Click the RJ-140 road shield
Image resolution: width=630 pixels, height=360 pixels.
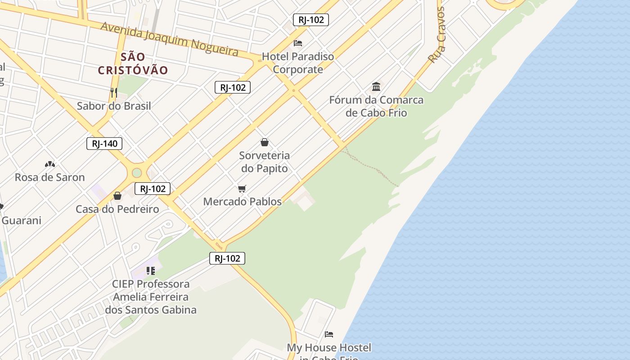[x=104, y=144]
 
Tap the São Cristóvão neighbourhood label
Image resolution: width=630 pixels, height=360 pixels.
[x=133, y=63]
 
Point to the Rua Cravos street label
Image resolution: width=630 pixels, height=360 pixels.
[x=436, y=35]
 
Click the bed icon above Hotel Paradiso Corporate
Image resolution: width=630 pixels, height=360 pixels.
[x=298, y=43]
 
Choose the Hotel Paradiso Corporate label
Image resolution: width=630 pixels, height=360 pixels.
[x=298, y=63]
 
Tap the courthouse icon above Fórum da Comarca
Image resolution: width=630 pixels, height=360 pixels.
[x=376, y=86]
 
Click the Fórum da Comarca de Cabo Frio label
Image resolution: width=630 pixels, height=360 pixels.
[x=376, y=106]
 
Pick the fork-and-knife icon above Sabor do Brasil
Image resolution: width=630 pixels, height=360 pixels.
[x=114, y=93]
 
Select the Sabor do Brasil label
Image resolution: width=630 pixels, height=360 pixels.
[x=114, y=106]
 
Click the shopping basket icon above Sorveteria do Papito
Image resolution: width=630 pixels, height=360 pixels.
[x=265, y=142]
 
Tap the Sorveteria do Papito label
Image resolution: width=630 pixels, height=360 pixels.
[x=265, y=162]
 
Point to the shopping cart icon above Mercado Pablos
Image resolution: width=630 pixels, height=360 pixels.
[x=242, y=189]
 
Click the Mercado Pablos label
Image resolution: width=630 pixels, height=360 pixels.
[x=242, y=202]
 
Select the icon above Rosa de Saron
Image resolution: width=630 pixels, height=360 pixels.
[x=50, y=164]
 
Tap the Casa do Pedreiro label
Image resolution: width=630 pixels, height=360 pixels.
[x=117, y=209]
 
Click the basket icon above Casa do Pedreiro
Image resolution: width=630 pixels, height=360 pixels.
[x=117, y=196]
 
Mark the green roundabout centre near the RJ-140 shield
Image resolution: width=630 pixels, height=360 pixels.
[x=137, y=173]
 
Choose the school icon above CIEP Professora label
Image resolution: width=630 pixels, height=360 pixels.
[x=151, y=270]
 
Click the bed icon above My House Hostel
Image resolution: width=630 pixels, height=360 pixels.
[x=329, y=334]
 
